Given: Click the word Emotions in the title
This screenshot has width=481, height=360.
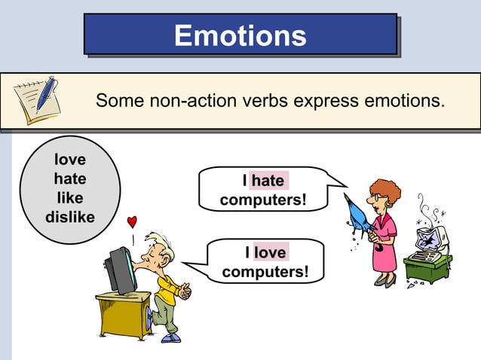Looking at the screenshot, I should pos(240,35).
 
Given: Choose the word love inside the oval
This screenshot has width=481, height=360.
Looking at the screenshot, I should pos(69,160).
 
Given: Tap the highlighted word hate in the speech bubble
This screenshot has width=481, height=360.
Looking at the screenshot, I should pos(268,182).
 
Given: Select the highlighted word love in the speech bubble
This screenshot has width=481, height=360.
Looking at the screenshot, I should pos(269,252).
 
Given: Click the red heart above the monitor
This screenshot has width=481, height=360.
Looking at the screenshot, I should pos(132,221).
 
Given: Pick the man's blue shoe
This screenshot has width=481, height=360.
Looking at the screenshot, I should pos(171,337).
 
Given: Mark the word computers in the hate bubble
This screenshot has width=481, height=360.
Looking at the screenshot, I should pos(264,200).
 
